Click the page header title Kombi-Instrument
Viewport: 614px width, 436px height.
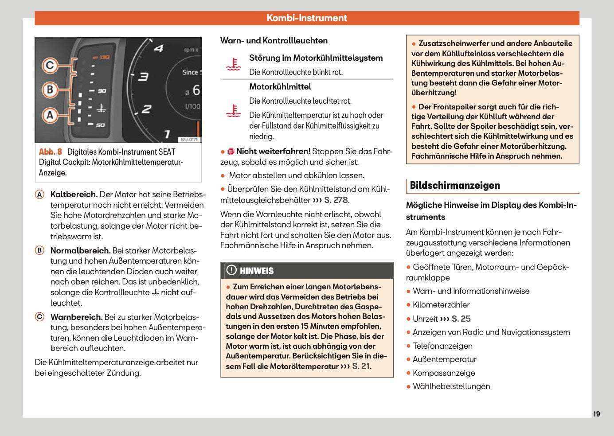tap(307, 18)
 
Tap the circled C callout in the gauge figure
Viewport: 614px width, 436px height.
tap(50, 66)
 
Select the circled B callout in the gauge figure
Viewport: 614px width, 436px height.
tap(50, 90)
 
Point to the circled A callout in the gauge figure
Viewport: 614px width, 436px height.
tap(50, 115)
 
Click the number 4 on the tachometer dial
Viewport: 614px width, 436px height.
tap(159, 48)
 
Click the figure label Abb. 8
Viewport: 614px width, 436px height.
tap(50, 152)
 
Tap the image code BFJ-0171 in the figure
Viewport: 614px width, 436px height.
tap(189, 140)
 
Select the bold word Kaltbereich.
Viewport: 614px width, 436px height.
tap(74, 195)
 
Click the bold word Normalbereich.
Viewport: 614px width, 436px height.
tap(80, 251)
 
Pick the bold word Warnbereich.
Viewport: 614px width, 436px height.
tap(76, 317)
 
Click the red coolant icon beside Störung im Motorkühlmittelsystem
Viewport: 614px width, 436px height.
tap(233, 65)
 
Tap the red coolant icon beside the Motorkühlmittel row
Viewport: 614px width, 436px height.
tap(233, 111)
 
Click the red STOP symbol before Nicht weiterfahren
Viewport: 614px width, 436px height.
tap(231, 152)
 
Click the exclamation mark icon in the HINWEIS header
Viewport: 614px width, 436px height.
tap(231, 270)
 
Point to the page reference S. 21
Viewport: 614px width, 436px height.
tap(361, 366)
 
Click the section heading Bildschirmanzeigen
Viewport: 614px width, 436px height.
tap(455, 185)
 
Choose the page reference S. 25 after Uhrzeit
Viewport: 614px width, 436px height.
tap(461, 319)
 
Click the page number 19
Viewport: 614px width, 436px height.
tap(596, 414)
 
